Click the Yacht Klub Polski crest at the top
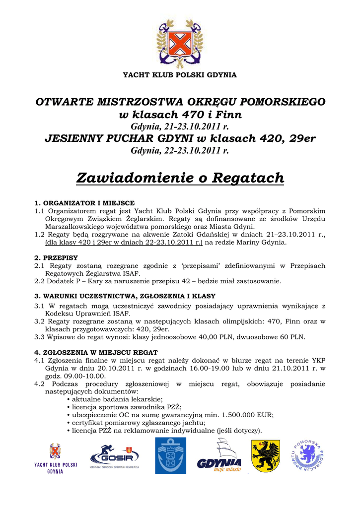[x=180, y=42]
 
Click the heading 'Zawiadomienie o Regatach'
[x=180, y=178]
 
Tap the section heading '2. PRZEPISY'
[x=56, y=258]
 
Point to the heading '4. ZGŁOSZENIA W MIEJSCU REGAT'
[x=96, y=353]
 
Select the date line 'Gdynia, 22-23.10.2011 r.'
[x=180, y=150]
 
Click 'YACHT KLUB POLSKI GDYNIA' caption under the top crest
[x=180, y=75]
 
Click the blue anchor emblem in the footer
[x=171, y=455]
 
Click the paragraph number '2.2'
[x=40, y=281]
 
